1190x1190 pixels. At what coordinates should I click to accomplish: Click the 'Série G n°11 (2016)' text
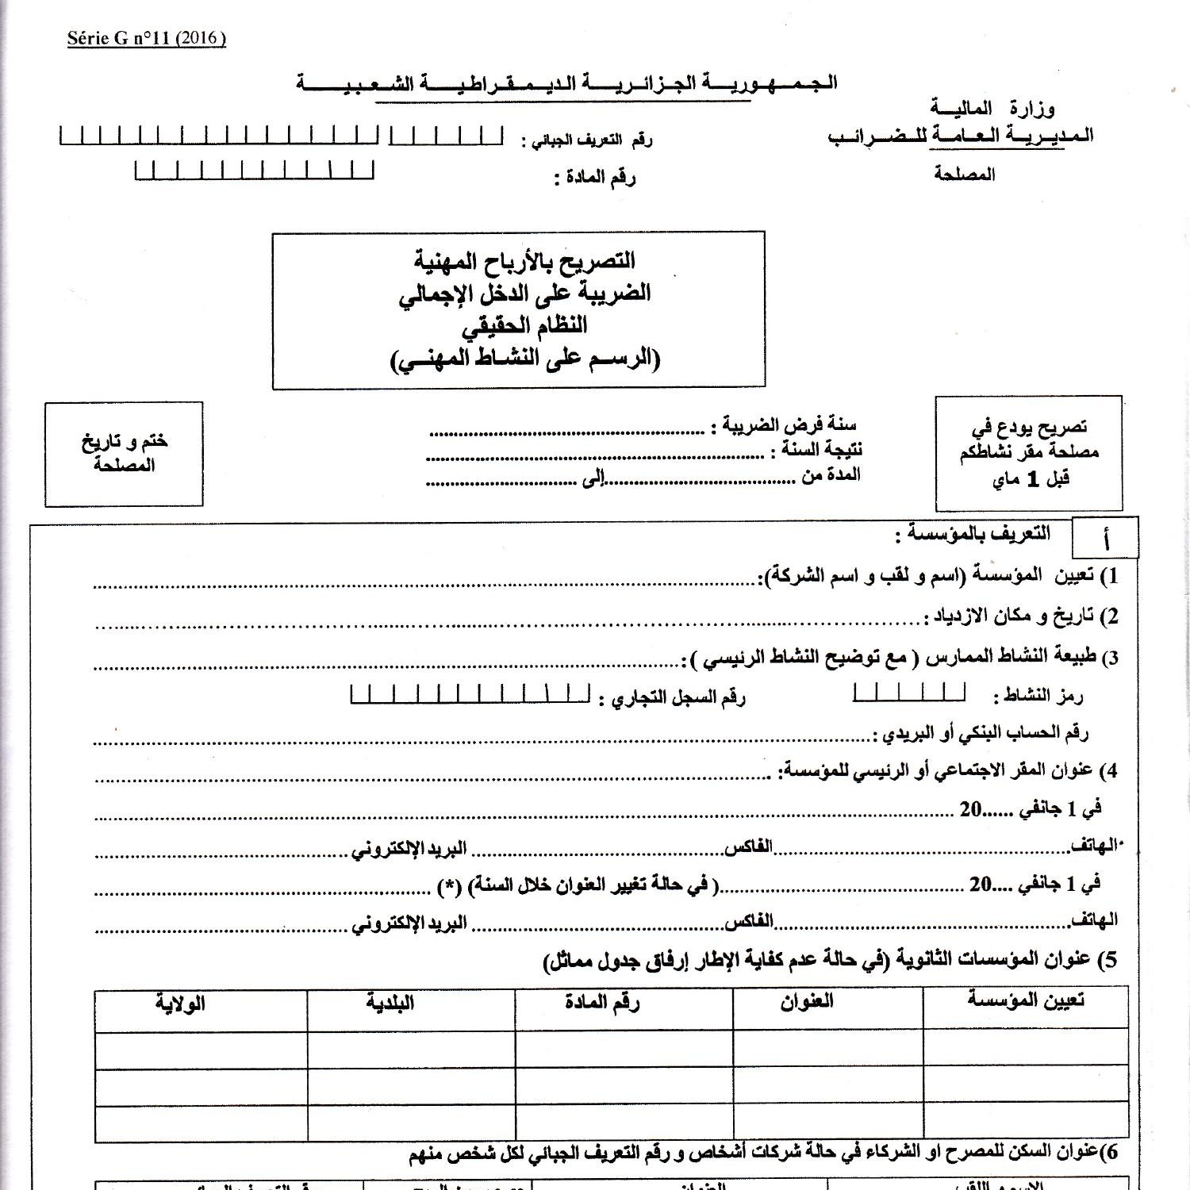click(x=147, y=38)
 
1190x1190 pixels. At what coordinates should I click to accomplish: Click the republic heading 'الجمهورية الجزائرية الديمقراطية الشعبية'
click(x=566, y=83)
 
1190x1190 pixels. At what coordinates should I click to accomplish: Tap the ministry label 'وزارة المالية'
click(x=992, y=108)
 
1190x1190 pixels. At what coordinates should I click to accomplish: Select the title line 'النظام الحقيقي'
click(x=524, y=325)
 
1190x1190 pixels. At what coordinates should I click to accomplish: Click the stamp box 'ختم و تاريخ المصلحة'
click(x=124, y=454)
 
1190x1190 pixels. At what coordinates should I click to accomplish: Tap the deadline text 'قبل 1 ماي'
click(x=1028, y=479)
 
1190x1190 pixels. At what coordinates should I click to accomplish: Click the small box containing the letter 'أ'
click(x=1105, y=539)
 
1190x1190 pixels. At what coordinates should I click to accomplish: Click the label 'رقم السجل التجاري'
click(x=672, y=698)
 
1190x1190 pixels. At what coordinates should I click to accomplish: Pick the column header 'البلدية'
click(x=390, y=1003)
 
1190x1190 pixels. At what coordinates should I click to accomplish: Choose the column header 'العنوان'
click(x=807, y=1001)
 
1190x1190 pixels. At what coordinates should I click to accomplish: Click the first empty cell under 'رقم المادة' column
click(x=624, y=1048)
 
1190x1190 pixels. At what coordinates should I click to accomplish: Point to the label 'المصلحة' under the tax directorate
click(x=965, y=174)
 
